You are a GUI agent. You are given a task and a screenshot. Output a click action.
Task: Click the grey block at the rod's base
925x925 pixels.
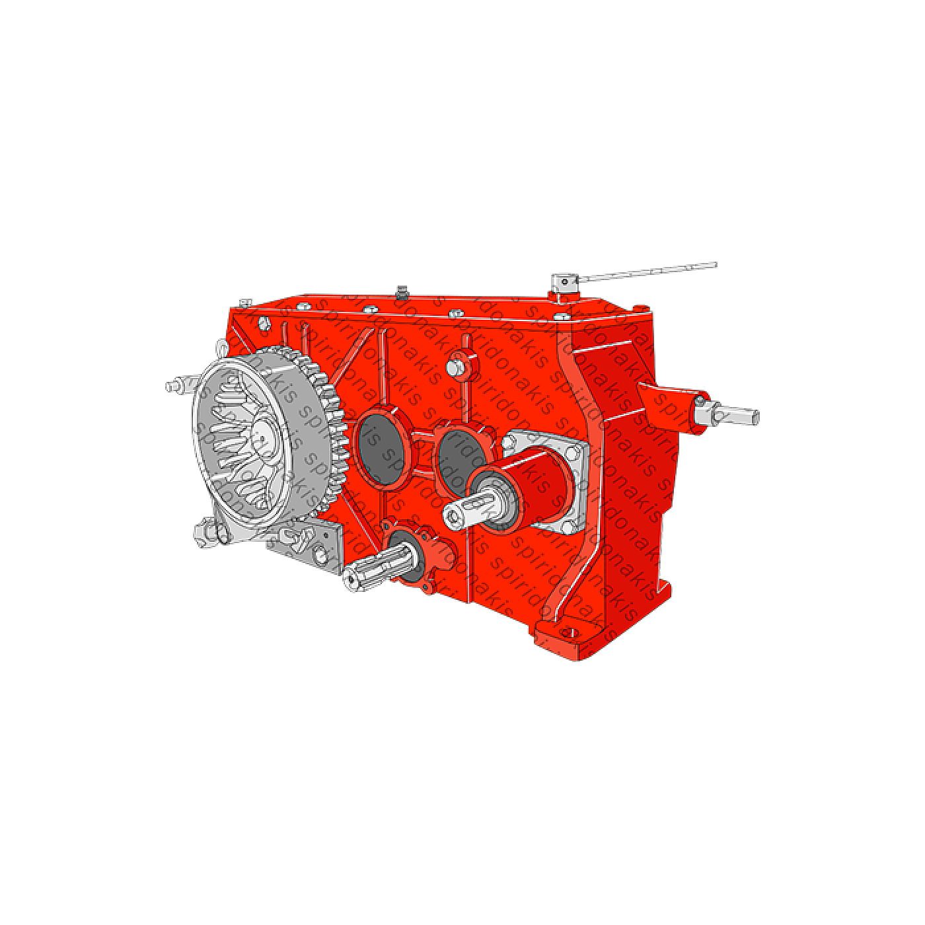[x=564, y=284]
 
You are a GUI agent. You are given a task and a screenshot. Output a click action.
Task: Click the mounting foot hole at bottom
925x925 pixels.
[x=566, y=632]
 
